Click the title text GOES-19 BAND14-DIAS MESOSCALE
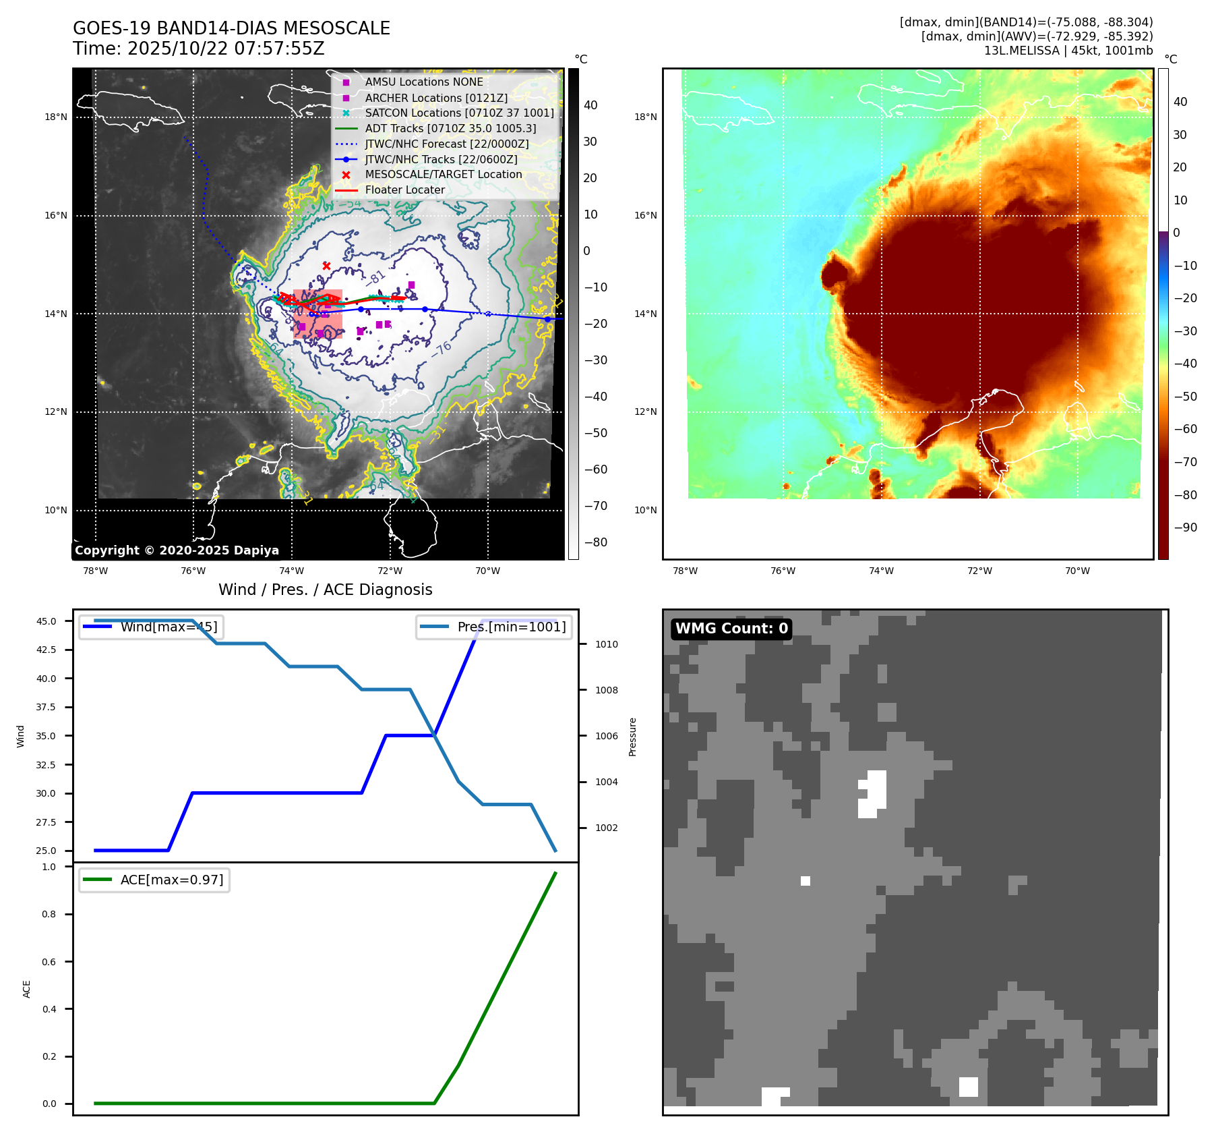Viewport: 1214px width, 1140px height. point(231,28)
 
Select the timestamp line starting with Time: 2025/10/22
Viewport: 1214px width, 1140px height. point(199,49)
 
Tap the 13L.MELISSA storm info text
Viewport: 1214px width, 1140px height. point(1068,51)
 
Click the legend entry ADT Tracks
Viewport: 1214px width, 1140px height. point(450,128)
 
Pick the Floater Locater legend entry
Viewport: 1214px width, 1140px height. point(404,190)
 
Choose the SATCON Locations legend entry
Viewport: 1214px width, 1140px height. point(459,113)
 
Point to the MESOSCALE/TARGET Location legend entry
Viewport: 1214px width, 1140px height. point(443,175)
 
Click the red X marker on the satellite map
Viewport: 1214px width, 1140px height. point(326,266)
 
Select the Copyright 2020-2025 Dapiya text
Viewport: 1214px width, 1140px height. point(177,550)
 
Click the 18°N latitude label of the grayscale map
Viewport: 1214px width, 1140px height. point(56,117)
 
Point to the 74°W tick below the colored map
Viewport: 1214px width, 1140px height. point(881,571)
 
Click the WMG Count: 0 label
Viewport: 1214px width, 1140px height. point(731,629)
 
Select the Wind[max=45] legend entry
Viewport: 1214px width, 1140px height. point(169,627)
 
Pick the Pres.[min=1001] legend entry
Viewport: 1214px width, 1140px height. point(511,627)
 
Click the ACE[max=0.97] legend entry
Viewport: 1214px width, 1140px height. point(171,880)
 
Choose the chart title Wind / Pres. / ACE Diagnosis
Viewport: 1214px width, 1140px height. point(325,590)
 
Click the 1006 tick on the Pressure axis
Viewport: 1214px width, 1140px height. point(606,736)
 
